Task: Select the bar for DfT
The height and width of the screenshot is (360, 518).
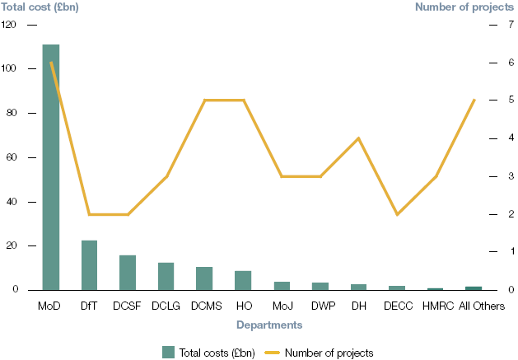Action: pyautogui.click(x=89, y=265)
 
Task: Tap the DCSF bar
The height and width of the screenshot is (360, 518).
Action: pyautogui.click(x=128, y=273)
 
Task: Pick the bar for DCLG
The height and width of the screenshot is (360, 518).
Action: pyautogui.click(x=166, y=276)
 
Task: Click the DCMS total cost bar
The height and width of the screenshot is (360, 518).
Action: pyautogui.click(x=204, y=278)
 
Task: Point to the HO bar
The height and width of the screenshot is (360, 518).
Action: pyautogui.click(x=243, y=280)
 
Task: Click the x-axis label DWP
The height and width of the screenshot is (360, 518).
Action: pyautogui.click(x=320, y=306)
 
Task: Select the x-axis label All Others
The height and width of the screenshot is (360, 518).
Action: pyautogui.click(x=474, y=306)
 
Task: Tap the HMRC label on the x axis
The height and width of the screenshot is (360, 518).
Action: pyautogui.click(x=435, y=306)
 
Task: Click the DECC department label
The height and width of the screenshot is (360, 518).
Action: pyautogui.click(x=397, y=306)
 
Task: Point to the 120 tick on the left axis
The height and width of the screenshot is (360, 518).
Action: pyautogui.click(x=9, y=25)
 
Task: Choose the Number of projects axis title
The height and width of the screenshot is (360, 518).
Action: pyautogui.click(x=465, y=7)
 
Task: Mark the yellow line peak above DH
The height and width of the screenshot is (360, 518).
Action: pyautogui.click(x=358, y=138)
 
